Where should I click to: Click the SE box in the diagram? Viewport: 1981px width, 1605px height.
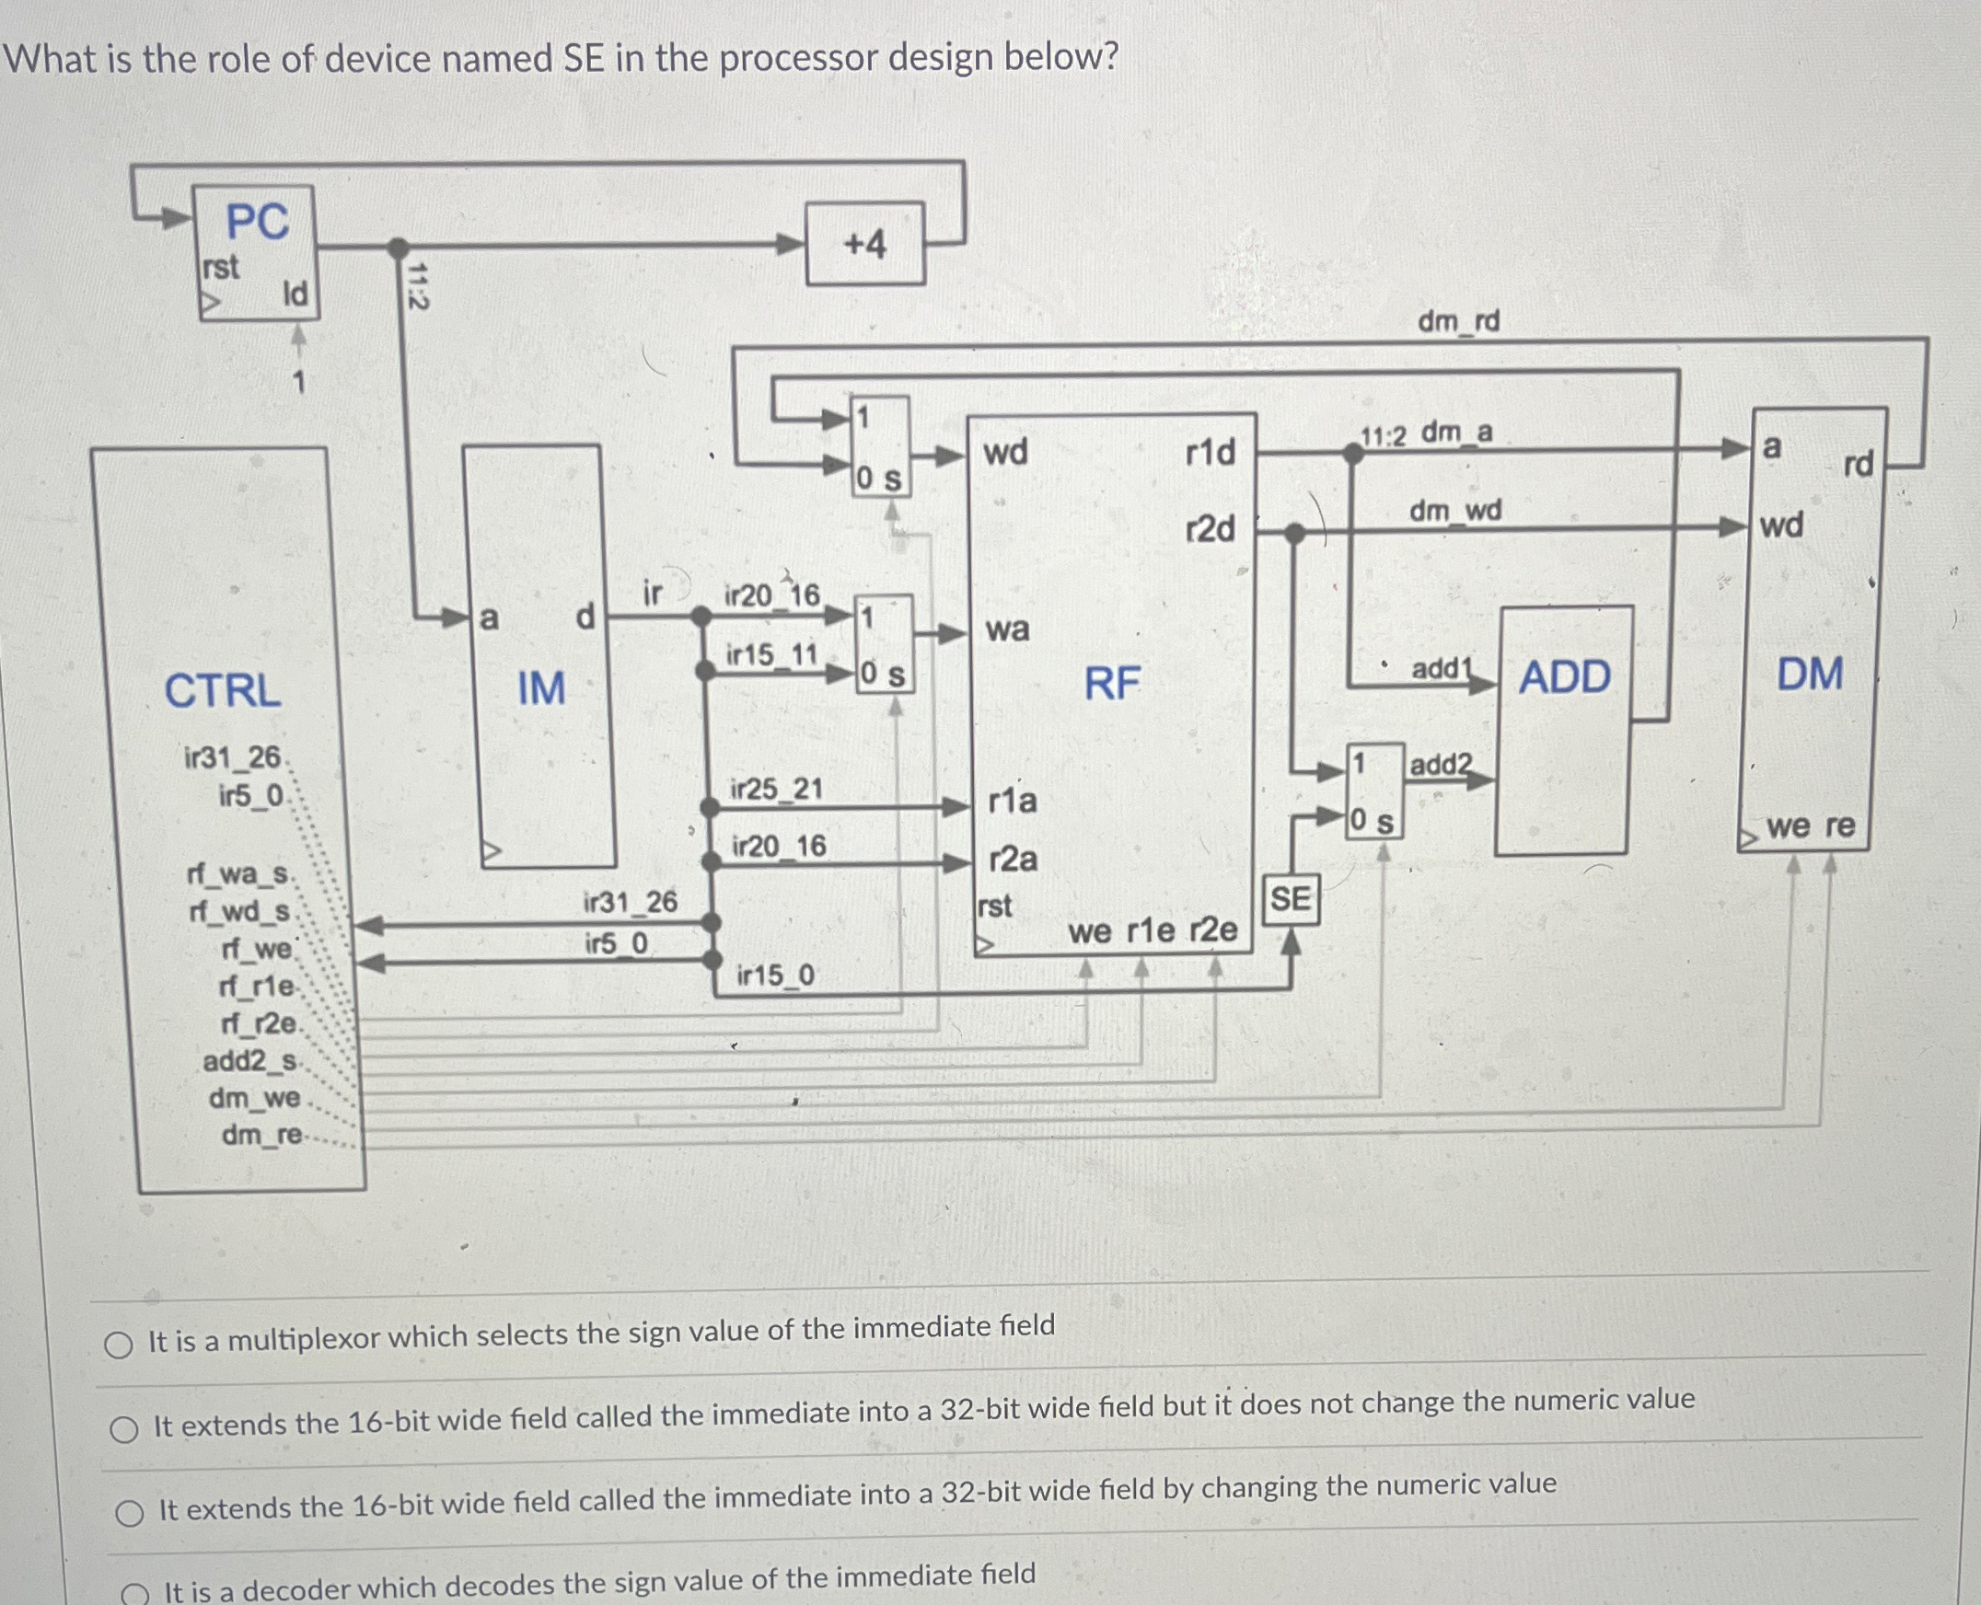[1290, 899]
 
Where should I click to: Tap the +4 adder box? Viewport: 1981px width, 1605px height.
[864, 244]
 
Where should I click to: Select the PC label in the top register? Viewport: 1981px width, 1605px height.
[257, 222]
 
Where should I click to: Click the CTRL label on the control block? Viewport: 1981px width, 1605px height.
[223, 690]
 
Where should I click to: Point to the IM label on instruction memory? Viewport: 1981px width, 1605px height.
[541, 688]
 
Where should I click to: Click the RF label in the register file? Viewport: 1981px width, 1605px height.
[1112, 683]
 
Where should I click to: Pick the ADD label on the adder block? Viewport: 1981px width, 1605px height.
[1565, 677]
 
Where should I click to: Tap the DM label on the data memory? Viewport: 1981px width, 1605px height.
[1809, 674]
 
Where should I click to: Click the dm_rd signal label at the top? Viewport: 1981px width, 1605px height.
[1458, 322]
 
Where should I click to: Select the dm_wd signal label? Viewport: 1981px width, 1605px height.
[1454, 511]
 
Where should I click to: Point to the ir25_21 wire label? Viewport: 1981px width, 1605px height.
[776, 790]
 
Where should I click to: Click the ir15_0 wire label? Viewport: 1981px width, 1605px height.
[776, 976]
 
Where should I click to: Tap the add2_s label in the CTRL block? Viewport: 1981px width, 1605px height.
[249, 1061]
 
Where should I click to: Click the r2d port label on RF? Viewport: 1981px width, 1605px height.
[1210, 530]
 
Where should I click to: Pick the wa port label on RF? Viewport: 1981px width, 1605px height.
[1007, 630]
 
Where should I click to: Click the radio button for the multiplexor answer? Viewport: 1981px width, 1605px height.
[119, 1345]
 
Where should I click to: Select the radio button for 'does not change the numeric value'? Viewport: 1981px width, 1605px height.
[124, 1430]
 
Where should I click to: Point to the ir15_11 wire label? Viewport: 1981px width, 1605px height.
[772, 655]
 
